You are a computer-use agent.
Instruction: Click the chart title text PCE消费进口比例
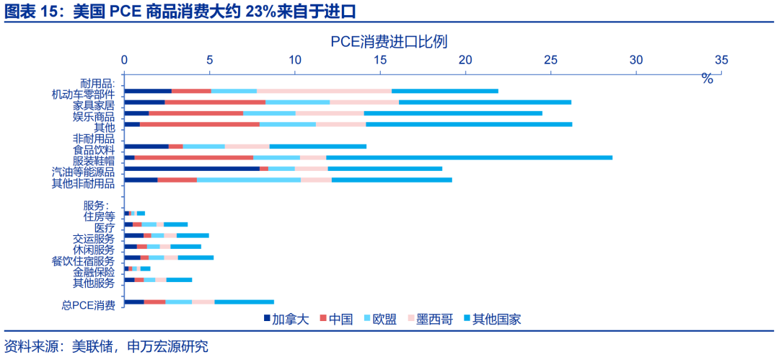[x=389, y=41]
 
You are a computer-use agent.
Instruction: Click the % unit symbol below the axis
[x=707, y=79]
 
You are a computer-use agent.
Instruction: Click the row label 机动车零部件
[x=83, y=95]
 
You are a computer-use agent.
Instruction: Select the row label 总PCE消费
[x=88, y=305]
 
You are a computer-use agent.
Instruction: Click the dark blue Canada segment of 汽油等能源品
[x=192, y=168]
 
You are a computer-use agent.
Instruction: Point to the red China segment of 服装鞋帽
[x=194, y=157]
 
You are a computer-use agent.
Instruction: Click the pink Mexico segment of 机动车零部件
[x=324, y=91]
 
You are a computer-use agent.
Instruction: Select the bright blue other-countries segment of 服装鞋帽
[x=469, y=157]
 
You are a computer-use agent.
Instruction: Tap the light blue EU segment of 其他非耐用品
[x=249, y=180]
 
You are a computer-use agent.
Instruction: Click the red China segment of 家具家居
[x=215, y=102]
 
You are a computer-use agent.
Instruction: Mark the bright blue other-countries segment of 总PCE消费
[x=244, y=302]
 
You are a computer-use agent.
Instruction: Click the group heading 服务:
[x=96, y=206]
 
